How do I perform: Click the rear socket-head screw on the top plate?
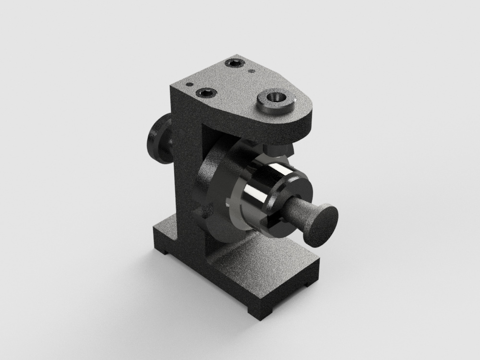tap(236, 63)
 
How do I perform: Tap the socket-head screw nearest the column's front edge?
tap(207, 92)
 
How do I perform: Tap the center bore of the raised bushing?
tap(276, 98)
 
